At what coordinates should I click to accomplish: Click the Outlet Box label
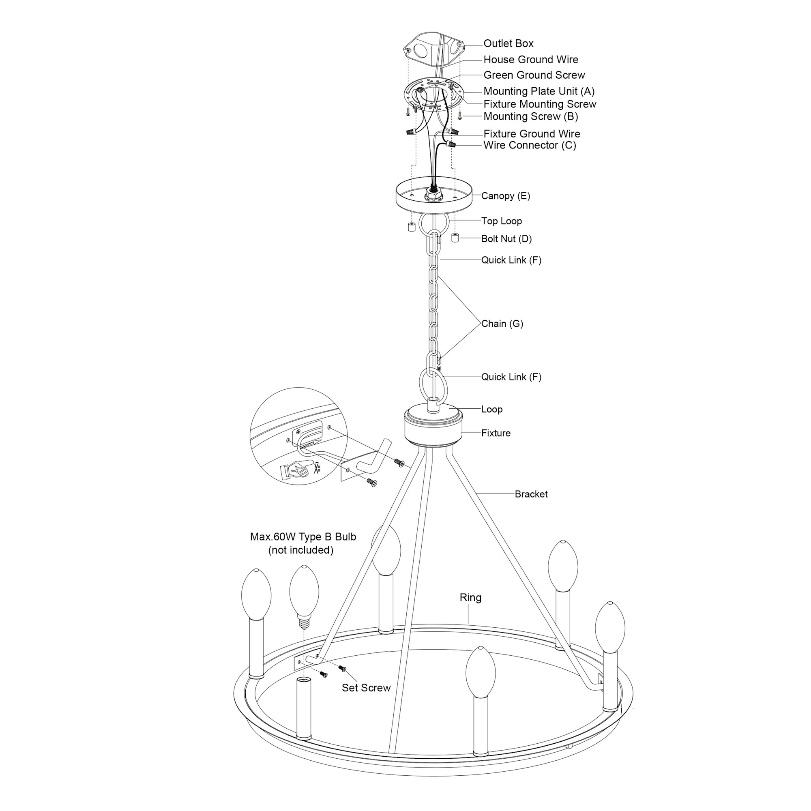[x=508, y=43]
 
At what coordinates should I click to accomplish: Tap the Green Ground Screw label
[x=534, y=75]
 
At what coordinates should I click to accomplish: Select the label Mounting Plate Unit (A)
[x=539, y=91]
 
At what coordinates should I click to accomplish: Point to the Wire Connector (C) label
[x=530, y=145]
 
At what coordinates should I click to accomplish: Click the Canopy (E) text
[x=505, y=196]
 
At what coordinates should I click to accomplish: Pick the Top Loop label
[x=502, y=221]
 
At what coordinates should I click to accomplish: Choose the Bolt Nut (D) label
[x=506, y=239]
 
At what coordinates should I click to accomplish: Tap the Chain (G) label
[x=502, y=324]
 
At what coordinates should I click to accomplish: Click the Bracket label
[x=531, y=494]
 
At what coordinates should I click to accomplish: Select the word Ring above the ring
[x=470, y=598]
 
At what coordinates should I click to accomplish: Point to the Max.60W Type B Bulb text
[x=303, y=537]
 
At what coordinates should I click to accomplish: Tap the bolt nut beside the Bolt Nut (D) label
[x=455, y=238]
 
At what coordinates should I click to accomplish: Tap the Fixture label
[x=496, y=433]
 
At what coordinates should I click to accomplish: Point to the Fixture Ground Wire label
[x=532, y=134]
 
